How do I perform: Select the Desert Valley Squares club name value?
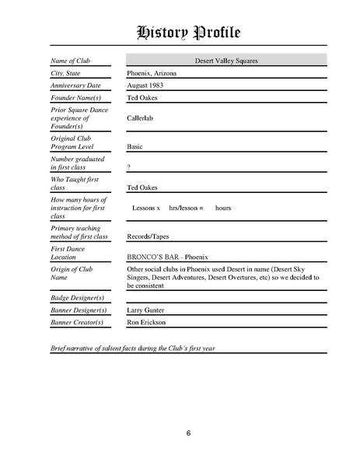click(x=227, y=60)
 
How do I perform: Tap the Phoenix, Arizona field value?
click(x=152, y=72)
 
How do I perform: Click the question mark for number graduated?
click(x=128, y=167)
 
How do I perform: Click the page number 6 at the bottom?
click(x=188, y=433)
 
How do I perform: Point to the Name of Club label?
click(x=72, y=60)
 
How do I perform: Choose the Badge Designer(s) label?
click(x=78, y=298)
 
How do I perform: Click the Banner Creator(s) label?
click(x=78, y=322)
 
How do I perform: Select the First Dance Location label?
click(x=68, y=252)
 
